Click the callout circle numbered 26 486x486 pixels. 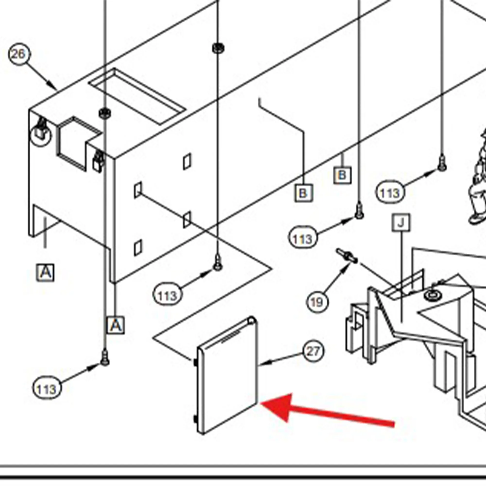[x=19, y=54]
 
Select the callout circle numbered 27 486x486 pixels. [x=313, y=351]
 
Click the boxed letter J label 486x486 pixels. [x=401, y=223]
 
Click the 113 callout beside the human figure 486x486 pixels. [x=390, y=193]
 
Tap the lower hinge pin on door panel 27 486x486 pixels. [x=195, y=419]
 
